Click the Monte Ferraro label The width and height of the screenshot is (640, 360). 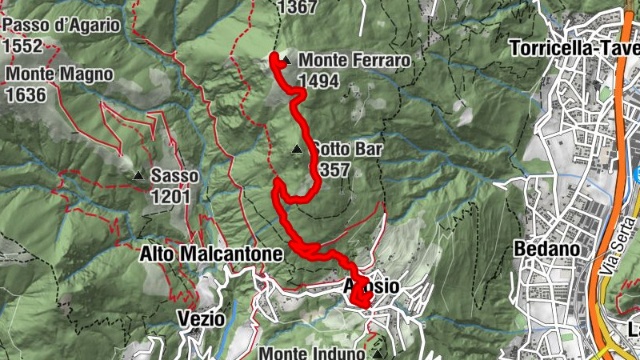(x=354, y=61)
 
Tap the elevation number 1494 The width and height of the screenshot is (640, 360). (x=318, y=81)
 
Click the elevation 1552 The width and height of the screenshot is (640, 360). (x=22, y=45)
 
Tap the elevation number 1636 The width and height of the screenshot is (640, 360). (x=26, y=94)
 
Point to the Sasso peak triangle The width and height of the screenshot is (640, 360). (x=138, y=175)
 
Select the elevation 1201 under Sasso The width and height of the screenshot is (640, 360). (x=169, y=196)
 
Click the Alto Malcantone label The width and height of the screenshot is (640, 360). (x=211, y=254)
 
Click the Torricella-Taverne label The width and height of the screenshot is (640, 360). (x=574, y=47)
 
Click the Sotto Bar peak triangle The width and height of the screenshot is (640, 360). (x=297, y=148)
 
